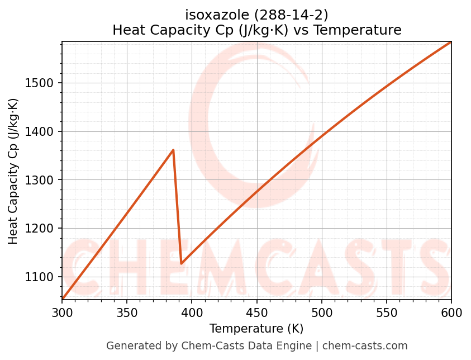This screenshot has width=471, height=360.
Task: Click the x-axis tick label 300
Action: [62, 312]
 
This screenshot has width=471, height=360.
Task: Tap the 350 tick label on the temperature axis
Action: [127, 312]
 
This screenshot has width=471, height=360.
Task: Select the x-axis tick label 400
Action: [192, 312]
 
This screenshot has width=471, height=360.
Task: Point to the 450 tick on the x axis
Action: [256, 312]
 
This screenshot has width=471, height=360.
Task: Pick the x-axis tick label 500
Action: [321, 312]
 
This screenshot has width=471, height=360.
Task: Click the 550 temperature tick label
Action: [387, 312]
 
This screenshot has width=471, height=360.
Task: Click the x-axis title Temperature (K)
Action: [256, 329]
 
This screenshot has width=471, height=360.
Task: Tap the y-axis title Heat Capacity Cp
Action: [13, 171]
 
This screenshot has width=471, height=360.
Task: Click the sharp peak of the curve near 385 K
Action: [173, 150]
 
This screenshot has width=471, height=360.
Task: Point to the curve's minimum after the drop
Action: [182, 263]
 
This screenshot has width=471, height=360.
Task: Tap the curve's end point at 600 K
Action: [451, 42]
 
